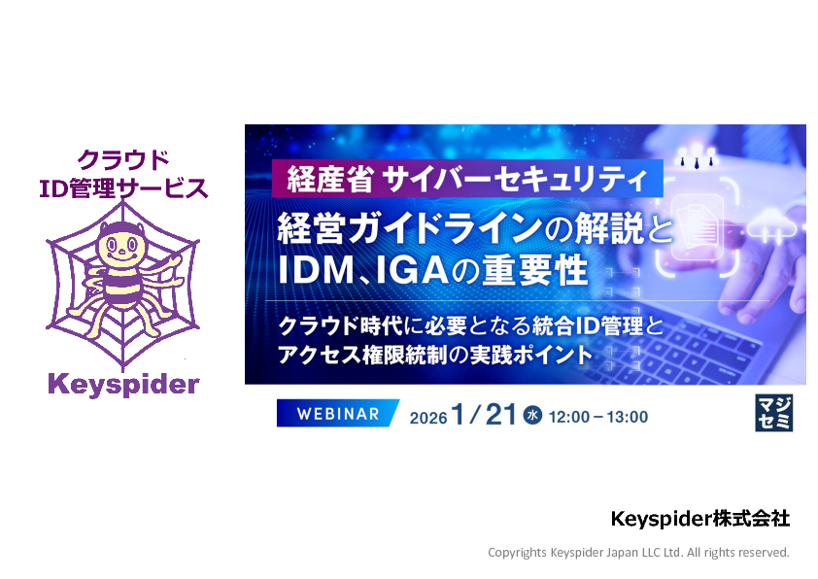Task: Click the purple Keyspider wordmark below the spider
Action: coord(123,386)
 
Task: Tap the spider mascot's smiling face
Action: coord(121,246)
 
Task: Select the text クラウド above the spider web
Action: coord(123,159)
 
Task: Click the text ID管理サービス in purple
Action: coord(123,188)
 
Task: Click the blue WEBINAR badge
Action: coord(338,414)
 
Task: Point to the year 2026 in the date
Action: coord(428,418)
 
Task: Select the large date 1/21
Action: coord(484,415)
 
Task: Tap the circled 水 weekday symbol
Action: coord(532,415)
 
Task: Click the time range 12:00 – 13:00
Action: coord(598,417)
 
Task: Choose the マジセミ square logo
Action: coord(774,413)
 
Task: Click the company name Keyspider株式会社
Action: coord(700,519)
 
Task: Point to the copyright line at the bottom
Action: coord(638,553)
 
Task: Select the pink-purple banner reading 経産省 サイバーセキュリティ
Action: coord(467,179)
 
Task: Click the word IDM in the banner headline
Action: coord(317,269)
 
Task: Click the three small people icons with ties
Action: coord(697,156)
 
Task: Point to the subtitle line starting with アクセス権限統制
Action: coord(435,356)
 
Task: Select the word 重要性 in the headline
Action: coord(534,269)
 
